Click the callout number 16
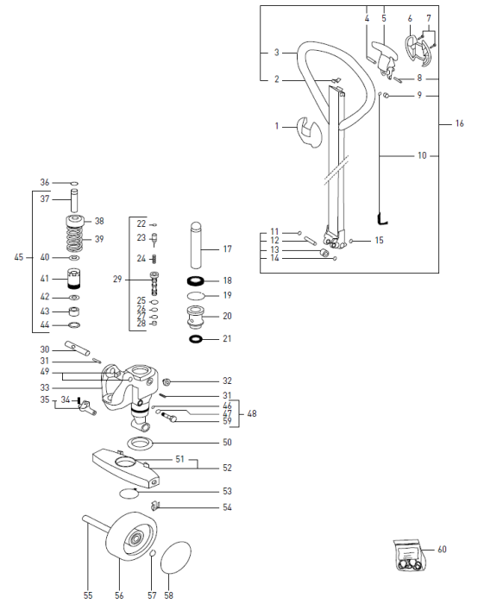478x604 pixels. pos(459,123)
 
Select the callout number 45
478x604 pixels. pos(19,257)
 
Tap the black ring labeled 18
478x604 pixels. pos(198,281)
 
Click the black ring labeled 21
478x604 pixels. pos(198,339)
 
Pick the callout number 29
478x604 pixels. pos(117,278)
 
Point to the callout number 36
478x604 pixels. pos(44,182)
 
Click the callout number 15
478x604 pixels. pos(379,241)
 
